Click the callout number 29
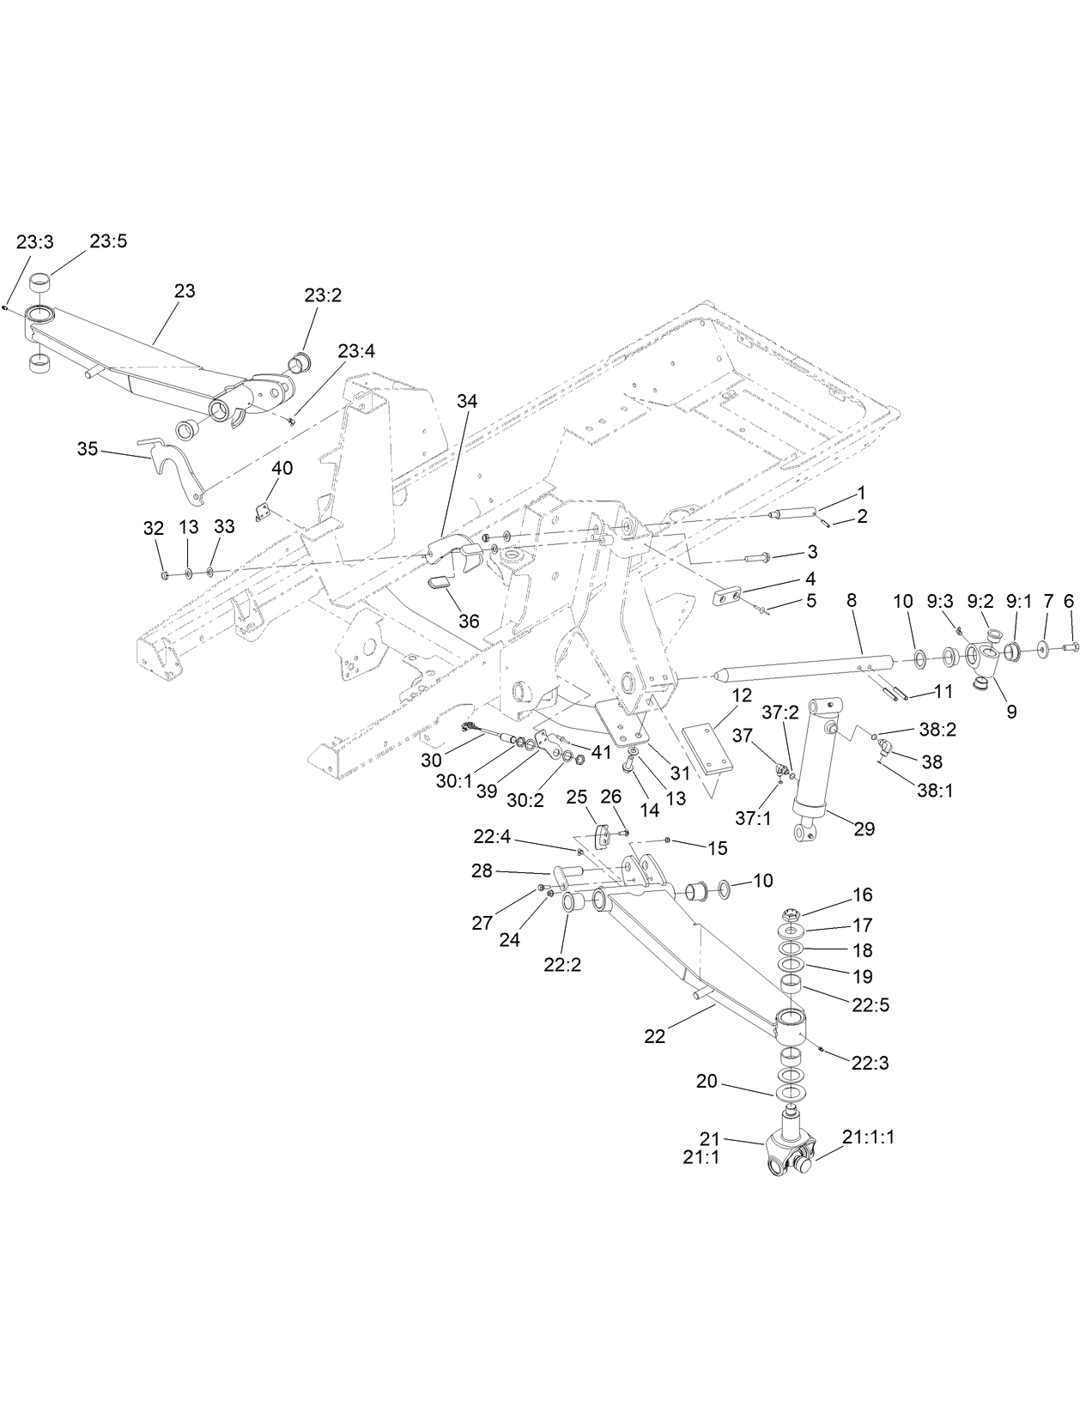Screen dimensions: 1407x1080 [864, 828]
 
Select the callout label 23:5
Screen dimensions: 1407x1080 [108, 241]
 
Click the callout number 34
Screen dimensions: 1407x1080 [467, 401]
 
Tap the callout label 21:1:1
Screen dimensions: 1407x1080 [868, 1137]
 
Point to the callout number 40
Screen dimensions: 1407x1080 [282, 468]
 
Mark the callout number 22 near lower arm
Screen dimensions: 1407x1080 [654, 1037]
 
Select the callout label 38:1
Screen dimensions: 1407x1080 [935, 791]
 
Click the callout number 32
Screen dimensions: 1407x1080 [153, 528]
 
